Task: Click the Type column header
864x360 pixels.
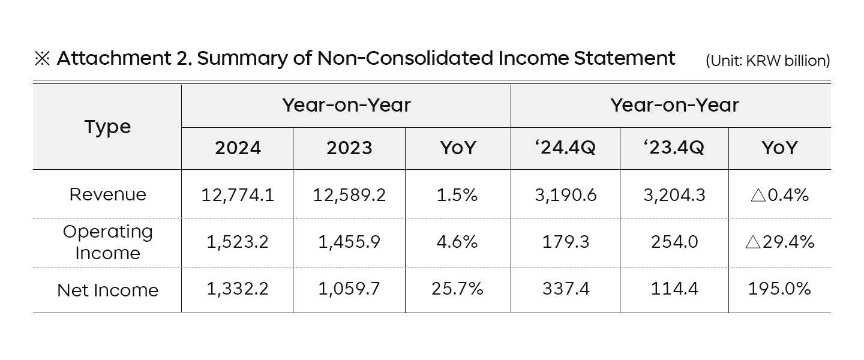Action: coord(107,127)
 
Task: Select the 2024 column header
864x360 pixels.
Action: coord(238,148)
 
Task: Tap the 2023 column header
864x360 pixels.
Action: coord(349,148)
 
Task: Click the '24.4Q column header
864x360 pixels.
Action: coord(565,148)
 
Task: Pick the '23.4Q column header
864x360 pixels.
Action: coord(674,148)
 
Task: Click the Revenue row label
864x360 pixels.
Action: coord(107,194)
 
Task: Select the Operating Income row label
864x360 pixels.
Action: coord(107,242)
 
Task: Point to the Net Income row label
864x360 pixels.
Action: coord(107,290)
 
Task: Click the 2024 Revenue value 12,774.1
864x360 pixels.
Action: coord(238,194)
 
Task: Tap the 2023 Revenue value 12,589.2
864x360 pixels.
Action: coord(349,194)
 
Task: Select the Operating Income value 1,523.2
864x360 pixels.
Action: coord(238,242)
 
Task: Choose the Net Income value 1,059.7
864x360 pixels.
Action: coord(349,289)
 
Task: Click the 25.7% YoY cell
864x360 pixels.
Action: coord(457,289)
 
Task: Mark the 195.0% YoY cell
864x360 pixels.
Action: coord(779,289)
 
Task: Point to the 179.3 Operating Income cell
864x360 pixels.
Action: coord(565,242)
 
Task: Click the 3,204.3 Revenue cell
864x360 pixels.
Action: coord(674,194)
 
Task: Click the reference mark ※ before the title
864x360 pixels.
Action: coord(42,59)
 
